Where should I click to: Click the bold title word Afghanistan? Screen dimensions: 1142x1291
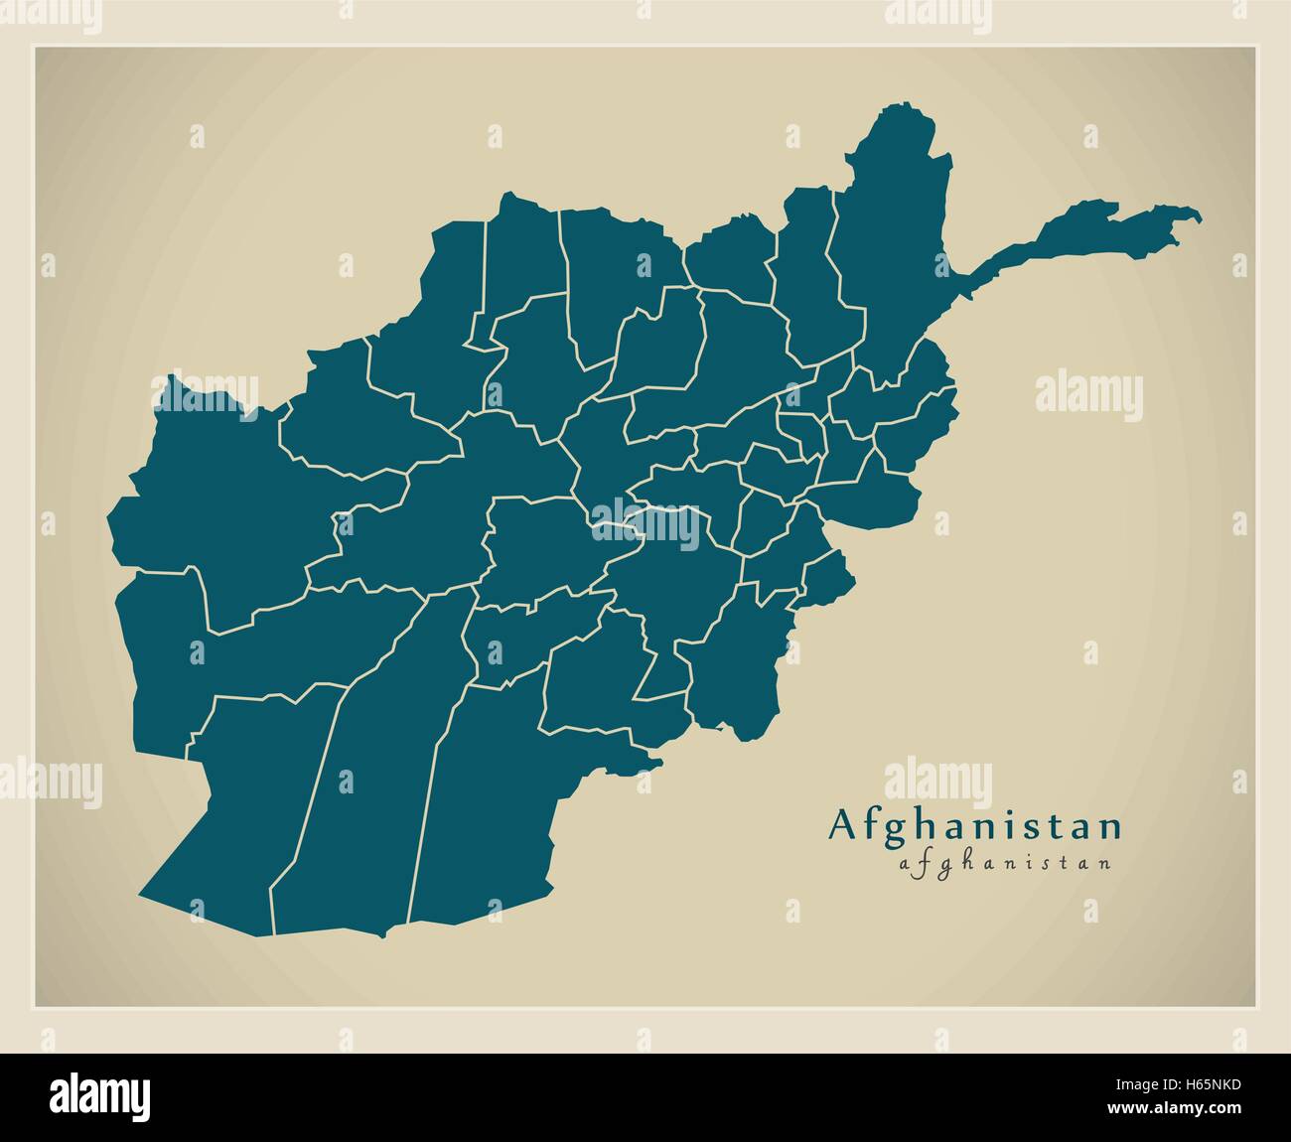pos(977,826)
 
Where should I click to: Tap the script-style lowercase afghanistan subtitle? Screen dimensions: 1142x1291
pos(1004,863)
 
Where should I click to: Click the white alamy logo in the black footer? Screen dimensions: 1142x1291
pos(101,1095)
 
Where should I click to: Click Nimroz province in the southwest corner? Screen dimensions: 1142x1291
pos(248,794)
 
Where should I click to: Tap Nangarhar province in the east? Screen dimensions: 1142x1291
pos(874,497)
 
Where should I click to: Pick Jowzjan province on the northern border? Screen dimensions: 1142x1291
pos(521,253)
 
